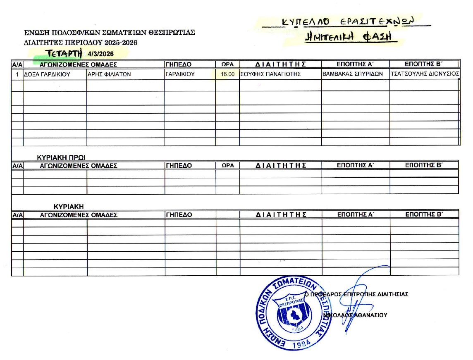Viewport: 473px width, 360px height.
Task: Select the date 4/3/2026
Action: pyautogui.click(x=101, y=54)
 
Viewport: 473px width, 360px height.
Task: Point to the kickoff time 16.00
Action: pyautogui.click(x=228, y=75)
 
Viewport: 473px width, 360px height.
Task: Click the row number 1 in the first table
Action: pyautogui.click(x=17, y=75)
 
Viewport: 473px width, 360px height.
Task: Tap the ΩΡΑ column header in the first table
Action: pyautogui.click(x=228, y=64)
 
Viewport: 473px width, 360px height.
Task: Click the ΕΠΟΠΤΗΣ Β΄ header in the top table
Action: pyautogui.click(x=424, y=64)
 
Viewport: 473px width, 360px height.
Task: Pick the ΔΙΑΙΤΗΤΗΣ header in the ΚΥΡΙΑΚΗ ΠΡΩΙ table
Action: pyautogui.click(x=281, y=165)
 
